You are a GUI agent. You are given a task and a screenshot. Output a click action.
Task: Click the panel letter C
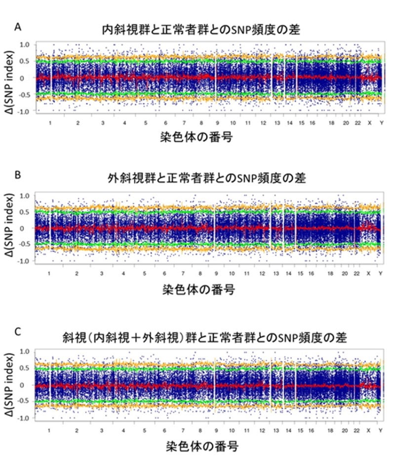17,332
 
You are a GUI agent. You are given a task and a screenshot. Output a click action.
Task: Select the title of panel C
203,338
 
